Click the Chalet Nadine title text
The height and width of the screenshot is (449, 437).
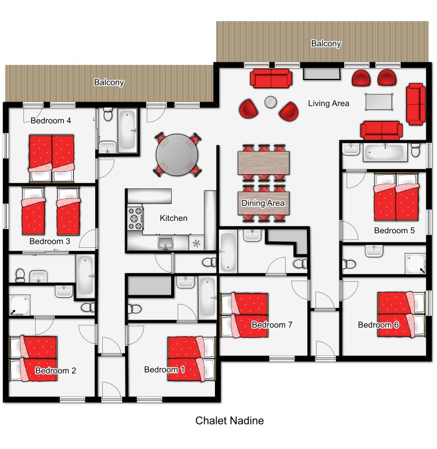[x=230, y=421]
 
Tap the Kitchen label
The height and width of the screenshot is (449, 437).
[x=174, y=218]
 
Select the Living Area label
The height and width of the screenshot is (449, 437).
[x=328, y=103]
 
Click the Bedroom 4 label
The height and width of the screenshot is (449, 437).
[x=51, y=120]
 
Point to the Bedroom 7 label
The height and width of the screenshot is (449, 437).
[x=272, y=324]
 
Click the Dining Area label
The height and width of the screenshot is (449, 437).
[x=263, y=203]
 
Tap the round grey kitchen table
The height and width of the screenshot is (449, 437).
[x=177, y=155]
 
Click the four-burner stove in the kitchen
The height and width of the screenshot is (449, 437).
[x=135, y=218]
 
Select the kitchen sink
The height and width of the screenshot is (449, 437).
[x=166, y=243]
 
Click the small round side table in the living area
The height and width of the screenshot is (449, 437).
[x=270, y=102]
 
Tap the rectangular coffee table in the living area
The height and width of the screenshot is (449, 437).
[x=379, y=102]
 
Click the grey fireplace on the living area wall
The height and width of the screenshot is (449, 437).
[x=322, y=73]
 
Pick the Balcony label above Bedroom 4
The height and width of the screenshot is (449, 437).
[x=109, y=82]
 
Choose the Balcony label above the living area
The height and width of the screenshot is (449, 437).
[x=326, y=43]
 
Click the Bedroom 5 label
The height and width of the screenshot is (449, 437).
[x=394, y=230]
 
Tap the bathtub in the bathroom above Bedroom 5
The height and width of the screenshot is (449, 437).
[x=386, y=153]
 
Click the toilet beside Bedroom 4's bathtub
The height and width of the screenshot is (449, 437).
[x=108, y=115]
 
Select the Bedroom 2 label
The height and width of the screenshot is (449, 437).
[x=56, y=371]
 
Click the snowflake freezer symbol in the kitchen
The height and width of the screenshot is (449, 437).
[x=196, y=244]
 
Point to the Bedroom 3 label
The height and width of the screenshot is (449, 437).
[x=50, y=241]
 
